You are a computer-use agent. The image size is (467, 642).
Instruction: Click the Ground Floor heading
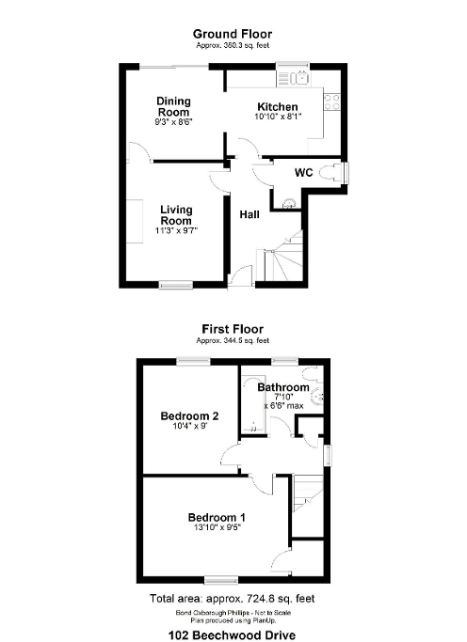click(x=233, y=33)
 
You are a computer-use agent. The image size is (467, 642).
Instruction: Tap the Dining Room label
click(x=173, y=107)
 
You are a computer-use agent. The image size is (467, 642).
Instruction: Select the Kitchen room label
click(x=277, y=107)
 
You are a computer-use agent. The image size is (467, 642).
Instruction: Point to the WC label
click(x=303, y=173)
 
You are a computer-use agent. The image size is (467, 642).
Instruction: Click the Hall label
click(x=250, y=215)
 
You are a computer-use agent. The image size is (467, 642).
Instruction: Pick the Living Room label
click(x=176, y=215)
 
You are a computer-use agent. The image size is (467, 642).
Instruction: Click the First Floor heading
click(x=233, y=329)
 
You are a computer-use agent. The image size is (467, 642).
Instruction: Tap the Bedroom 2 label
click(x=189, y=415)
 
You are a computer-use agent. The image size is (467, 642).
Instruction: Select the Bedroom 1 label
click(x=217, y=517)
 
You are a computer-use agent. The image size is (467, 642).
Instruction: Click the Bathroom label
click(x=283, y=387)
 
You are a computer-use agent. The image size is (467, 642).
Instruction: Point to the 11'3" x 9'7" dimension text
click(x=177, y=231)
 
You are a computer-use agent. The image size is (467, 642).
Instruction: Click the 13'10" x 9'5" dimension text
click(x=217, y=529)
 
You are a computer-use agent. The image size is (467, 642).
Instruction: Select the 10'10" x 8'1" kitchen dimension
click(x=277, y=118)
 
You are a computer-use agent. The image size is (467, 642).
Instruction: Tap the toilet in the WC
click(x=330, y=172)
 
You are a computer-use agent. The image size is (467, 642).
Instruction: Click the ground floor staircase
click(x=282, y=256)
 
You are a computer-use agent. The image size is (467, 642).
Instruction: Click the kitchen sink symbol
click(x=299, y=76)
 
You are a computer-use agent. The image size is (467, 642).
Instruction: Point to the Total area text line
click(x=233, y=598)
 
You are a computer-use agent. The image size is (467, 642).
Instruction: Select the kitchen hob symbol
click(x=331, y=99)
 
